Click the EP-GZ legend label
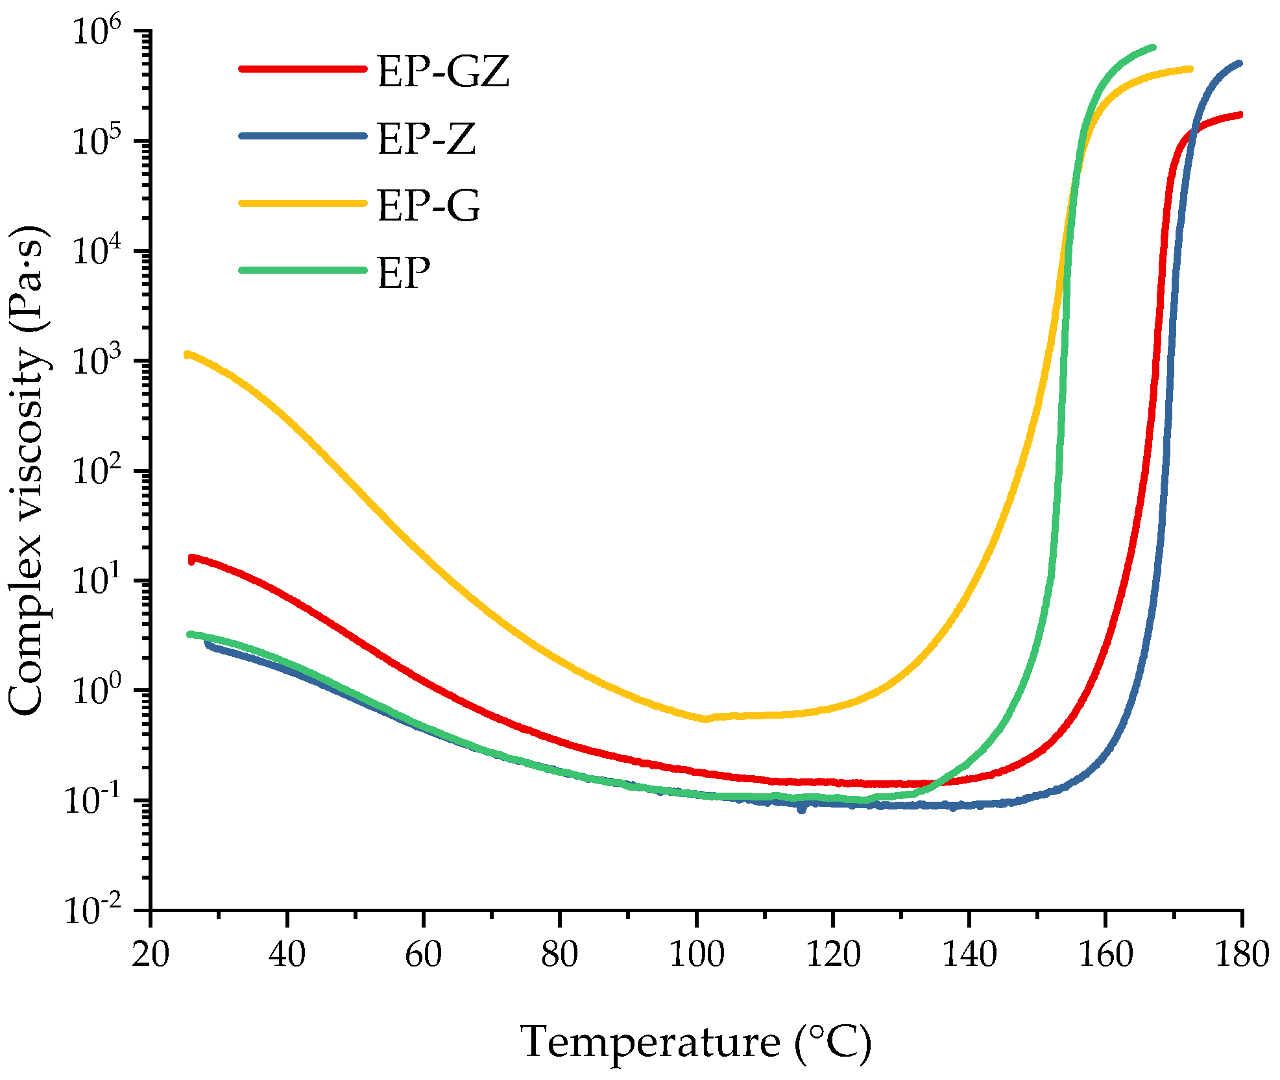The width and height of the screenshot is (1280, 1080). click(x=443, y=71)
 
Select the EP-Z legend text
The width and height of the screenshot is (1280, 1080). click(x=426, y=139)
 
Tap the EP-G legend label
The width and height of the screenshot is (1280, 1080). click(x=428, y=206)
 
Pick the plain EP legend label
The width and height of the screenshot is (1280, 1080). click(x=404, y=273)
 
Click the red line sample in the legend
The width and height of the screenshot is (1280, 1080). click(x=302, y=68)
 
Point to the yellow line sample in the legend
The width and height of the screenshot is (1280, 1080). click(x=302, y=203)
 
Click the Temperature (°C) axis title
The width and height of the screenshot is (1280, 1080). click(x=696, y=1042)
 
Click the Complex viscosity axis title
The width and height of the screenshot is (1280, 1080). click(x=27, y=470)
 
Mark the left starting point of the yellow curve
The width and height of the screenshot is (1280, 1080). click(x=187, y=354)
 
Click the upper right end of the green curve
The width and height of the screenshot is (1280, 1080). click(x=1153, y=47)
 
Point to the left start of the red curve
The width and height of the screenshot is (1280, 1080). click(x=191, y=558)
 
